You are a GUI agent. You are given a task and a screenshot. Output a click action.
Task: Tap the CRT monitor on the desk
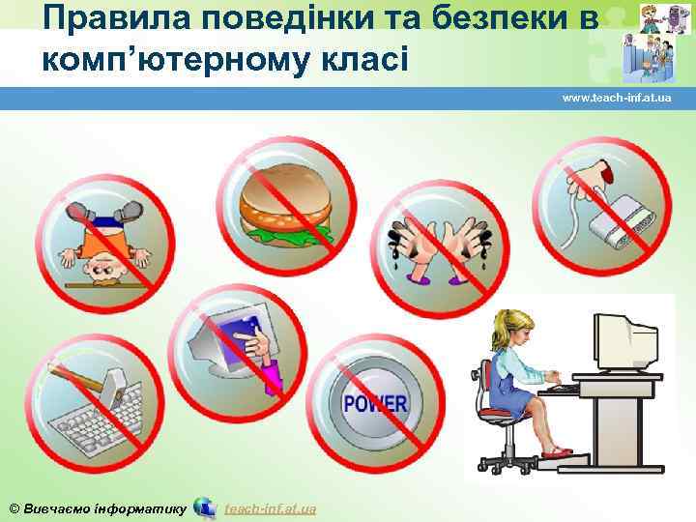point(623,343)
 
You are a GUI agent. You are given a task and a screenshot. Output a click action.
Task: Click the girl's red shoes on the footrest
point(559,450)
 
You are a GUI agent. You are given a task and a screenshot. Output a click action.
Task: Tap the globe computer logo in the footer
point(205,507)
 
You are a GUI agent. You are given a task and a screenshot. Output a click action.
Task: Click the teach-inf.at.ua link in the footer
point(271,508)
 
